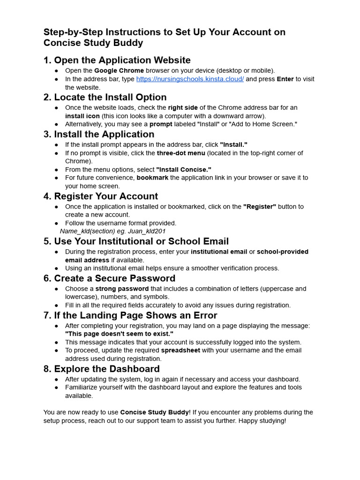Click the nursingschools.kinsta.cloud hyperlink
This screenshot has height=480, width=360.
(190, 79)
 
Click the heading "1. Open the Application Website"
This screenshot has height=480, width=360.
(117, 60)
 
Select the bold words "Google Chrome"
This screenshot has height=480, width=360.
(119, 71)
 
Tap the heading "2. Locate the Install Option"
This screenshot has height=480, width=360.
(105, 97)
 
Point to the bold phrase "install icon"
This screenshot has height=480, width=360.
(82, 116)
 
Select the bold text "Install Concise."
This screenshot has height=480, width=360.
(184, 169)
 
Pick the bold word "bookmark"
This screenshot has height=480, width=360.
(152, 178)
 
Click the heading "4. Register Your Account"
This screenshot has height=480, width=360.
(101, 196)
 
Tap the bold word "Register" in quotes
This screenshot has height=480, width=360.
(260, 207)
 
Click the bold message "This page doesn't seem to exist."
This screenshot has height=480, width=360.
(119, 334)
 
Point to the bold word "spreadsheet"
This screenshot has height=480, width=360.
(180, 350)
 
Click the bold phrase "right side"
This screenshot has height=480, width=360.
(183, 107)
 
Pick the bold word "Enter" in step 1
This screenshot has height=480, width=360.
(285, 79)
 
